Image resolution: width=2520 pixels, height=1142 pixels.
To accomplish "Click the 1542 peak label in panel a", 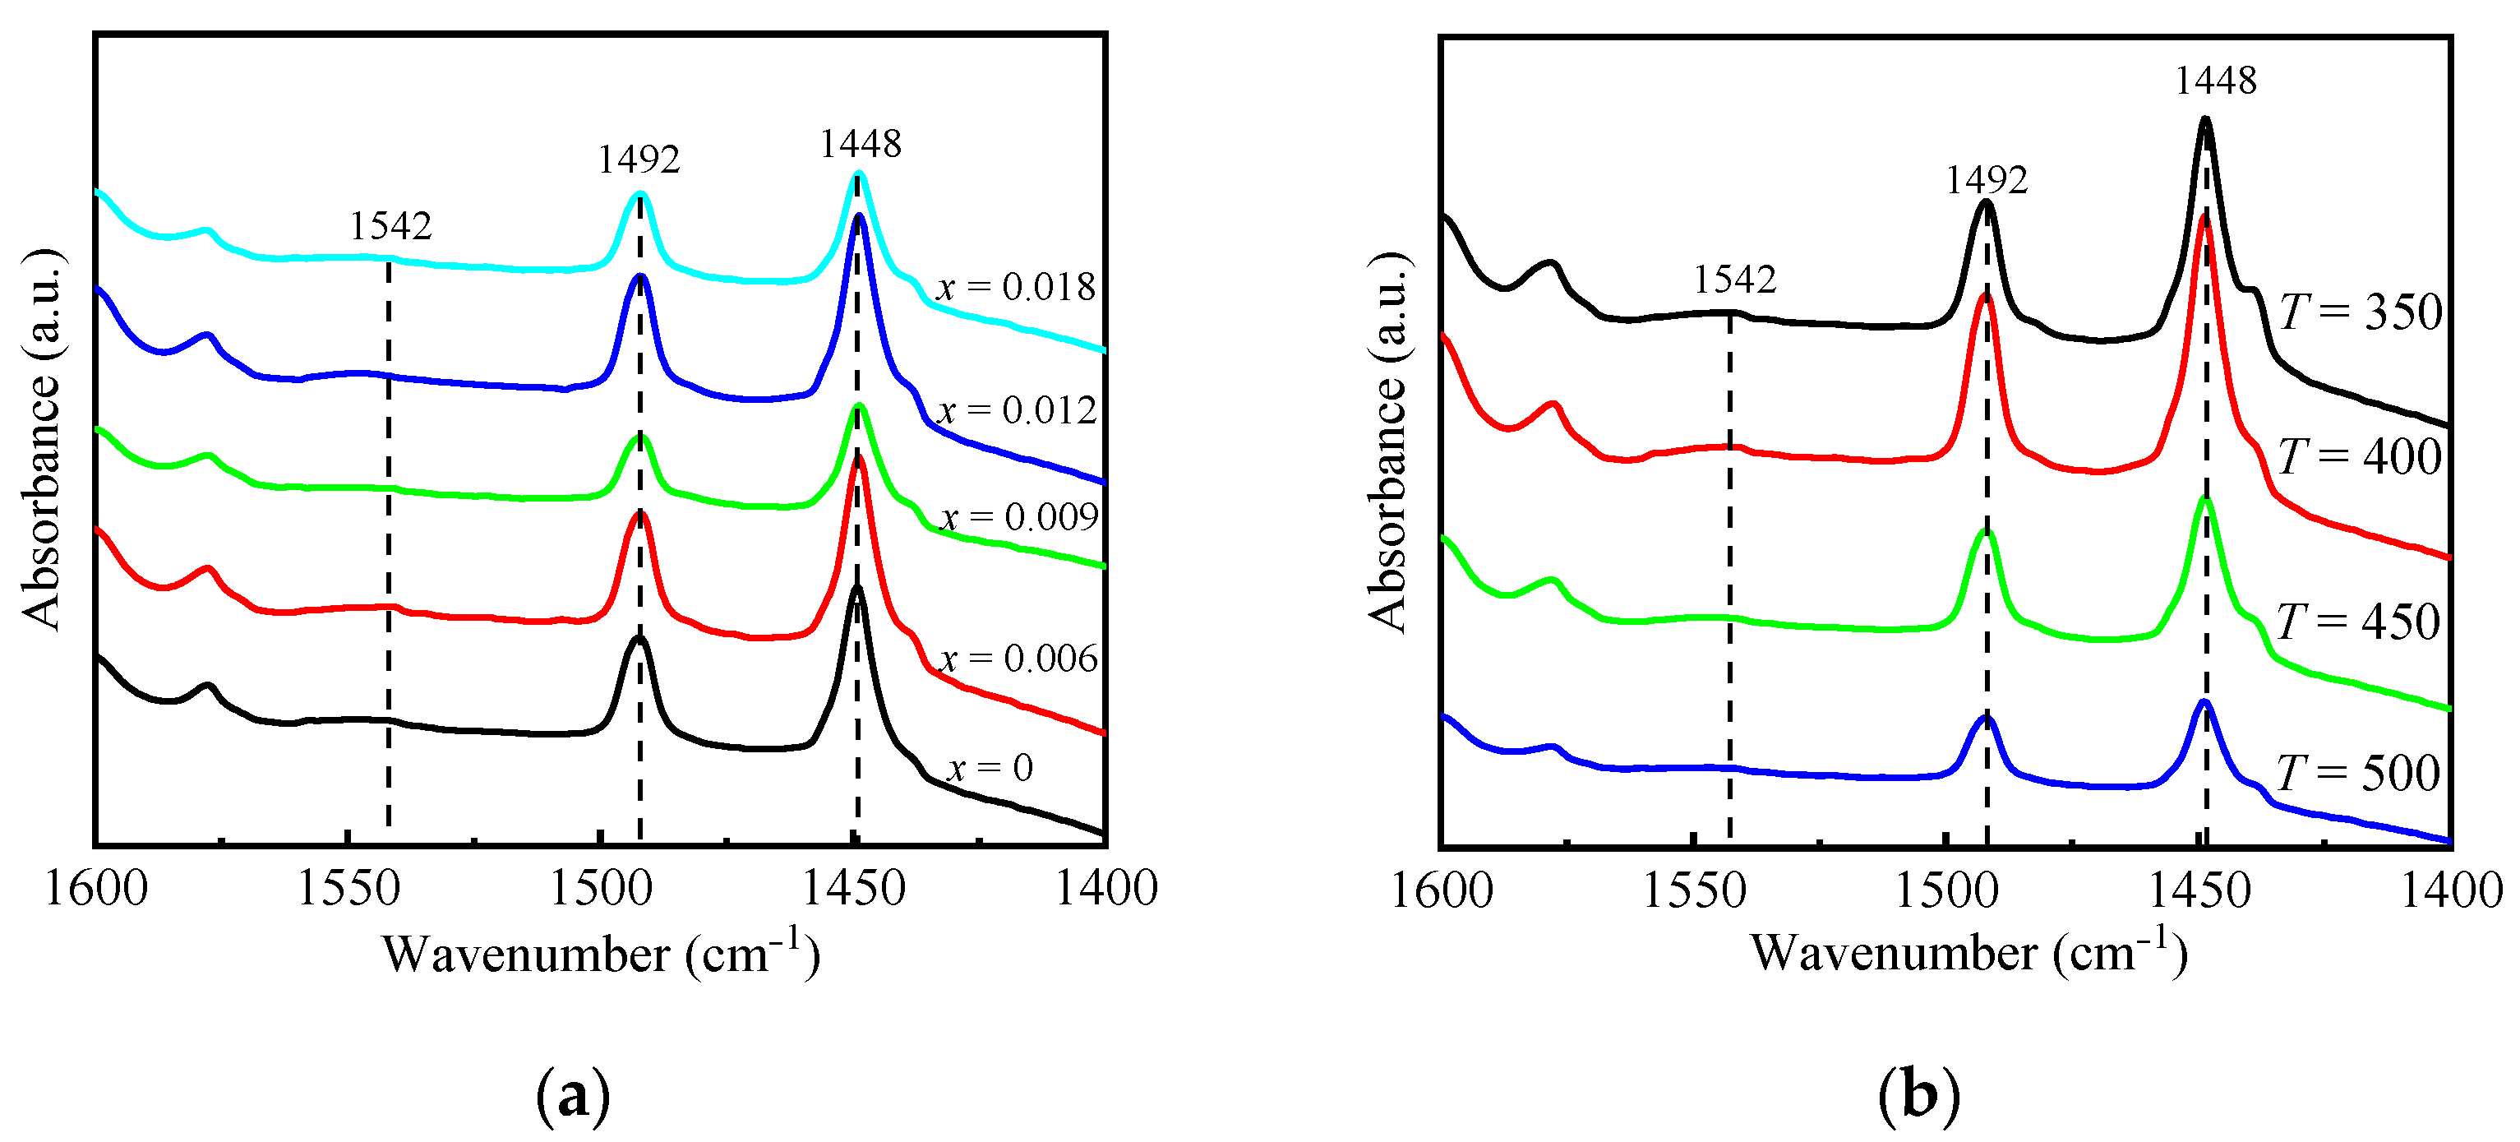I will [x=390, y=226].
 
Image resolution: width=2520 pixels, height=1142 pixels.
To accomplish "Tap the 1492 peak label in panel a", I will [x=639, y=160].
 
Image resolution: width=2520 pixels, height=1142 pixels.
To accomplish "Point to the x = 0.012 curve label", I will [x=1018, y=410].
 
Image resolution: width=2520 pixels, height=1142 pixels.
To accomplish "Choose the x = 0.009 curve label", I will [x=1018, y=516].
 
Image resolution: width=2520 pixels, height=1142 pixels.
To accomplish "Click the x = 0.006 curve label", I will [x=1018, y=659].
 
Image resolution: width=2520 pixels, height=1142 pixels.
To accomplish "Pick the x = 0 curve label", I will [x=990, y=768].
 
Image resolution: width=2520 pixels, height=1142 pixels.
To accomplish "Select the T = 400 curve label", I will [x=2360, y=457].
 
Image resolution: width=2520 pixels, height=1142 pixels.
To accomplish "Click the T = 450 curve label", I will [x=2357, y=622].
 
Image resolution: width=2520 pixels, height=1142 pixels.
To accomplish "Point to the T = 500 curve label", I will [x=2357, y=774].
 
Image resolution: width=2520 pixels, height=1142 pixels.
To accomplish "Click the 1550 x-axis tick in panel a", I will [x=348, y=889].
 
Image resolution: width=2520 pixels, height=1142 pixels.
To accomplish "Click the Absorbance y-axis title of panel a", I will [x=41, y=441].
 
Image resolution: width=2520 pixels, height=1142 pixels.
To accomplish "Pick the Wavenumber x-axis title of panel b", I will [x=1968, y=953].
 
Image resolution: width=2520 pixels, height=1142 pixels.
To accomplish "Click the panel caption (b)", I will [x=1919, y=1096].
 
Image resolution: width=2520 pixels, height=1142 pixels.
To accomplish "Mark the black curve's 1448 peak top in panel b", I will [x=2205, y=120].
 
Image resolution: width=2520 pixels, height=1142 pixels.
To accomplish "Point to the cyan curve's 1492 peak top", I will [x=639, y=194].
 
